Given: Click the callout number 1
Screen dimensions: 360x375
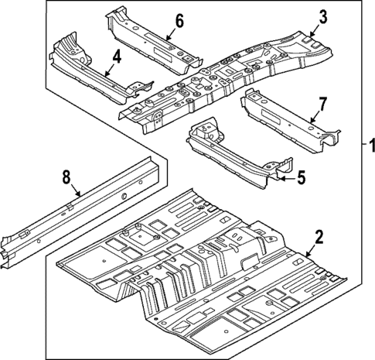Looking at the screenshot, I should [x=369, y=146].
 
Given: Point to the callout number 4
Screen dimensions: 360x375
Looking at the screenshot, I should [x=116, y=56].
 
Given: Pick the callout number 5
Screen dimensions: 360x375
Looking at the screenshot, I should [x=301, y=178].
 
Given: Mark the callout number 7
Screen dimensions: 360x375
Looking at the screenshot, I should [x=323, y=103].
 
